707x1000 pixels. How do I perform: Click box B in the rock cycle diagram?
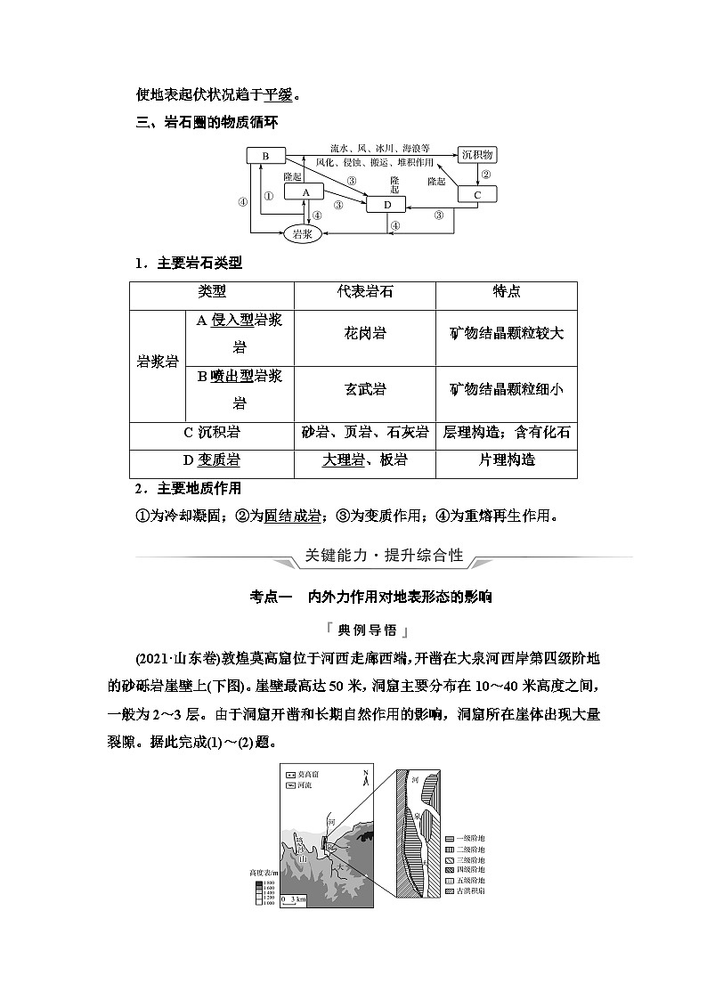(x=264, y=156)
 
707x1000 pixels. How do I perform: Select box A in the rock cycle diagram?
(x=304, y=191)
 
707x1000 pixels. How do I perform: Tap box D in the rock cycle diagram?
(x=387, y=206)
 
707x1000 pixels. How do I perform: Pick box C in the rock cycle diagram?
(x=477, y=194)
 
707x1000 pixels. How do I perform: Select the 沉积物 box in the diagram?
(x=478, y=155)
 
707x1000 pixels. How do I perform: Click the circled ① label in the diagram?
(x=269, y=198)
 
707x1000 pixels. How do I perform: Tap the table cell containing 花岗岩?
(x=365, y=333)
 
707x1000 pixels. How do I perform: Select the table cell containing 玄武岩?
(x=365, y=389)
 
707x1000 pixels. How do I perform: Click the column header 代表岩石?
(x=365, y=291)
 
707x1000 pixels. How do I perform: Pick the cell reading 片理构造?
(x=507, y=459)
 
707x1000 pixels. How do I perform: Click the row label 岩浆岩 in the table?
(x=157, y=362)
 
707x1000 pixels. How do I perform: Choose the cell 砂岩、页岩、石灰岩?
(x=365, y=432)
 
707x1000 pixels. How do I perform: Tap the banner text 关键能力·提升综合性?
(x=384, y=556)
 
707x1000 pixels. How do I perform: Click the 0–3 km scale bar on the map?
(x=294, y=899)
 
